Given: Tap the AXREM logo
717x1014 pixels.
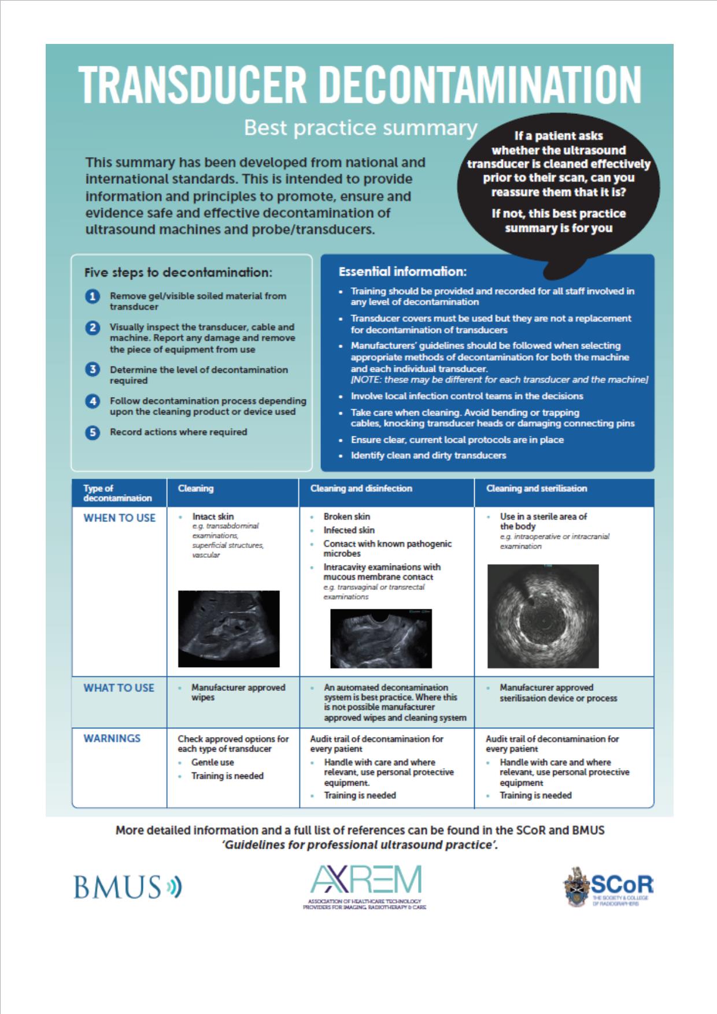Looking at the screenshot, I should coord(365,887).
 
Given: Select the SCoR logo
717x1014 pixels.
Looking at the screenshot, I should coord(609,887).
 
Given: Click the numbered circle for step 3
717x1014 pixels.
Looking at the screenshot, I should coord(93,369).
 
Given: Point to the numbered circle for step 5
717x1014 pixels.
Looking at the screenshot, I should coord(93,432).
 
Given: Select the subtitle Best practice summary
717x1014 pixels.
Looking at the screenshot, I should coord(360,128).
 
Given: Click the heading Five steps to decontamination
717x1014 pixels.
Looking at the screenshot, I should coord(178,272).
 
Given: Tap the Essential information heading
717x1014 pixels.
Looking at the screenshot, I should coord(402,271).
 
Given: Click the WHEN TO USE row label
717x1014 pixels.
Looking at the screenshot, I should coord(120,518).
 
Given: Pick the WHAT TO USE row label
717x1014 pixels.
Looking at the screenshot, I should coord(119,688).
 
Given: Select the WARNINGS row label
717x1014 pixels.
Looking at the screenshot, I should coord(112,738).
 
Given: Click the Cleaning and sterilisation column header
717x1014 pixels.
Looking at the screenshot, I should coord(537,489).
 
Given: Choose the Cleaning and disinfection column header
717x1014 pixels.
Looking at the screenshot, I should coord(361,489).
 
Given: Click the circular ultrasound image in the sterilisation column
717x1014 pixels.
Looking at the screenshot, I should coord(543,616).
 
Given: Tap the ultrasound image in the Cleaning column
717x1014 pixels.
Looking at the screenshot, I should coord(228,628).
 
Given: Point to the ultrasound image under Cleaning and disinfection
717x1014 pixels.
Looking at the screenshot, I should coord(381,639).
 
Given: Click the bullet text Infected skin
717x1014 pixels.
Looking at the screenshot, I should coord(349,530).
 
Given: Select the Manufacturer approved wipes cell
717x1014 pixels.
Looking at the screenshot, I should coord(238,693).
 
